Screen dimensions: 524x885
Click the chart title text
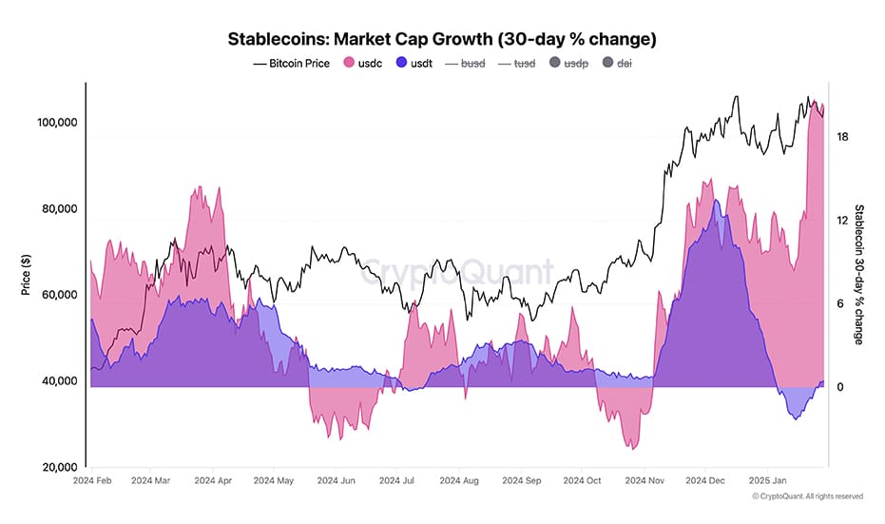[x=442, y=40]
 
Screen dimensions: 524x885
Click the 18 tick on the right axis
[x=842, y=137]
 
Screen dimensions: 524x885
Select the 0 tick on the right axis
[x=839, y=387]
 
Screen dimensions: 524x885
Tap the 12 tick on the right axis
[x=842, y=221]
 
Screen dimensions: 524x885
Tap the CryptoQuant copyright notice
[x=807, y=496]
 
